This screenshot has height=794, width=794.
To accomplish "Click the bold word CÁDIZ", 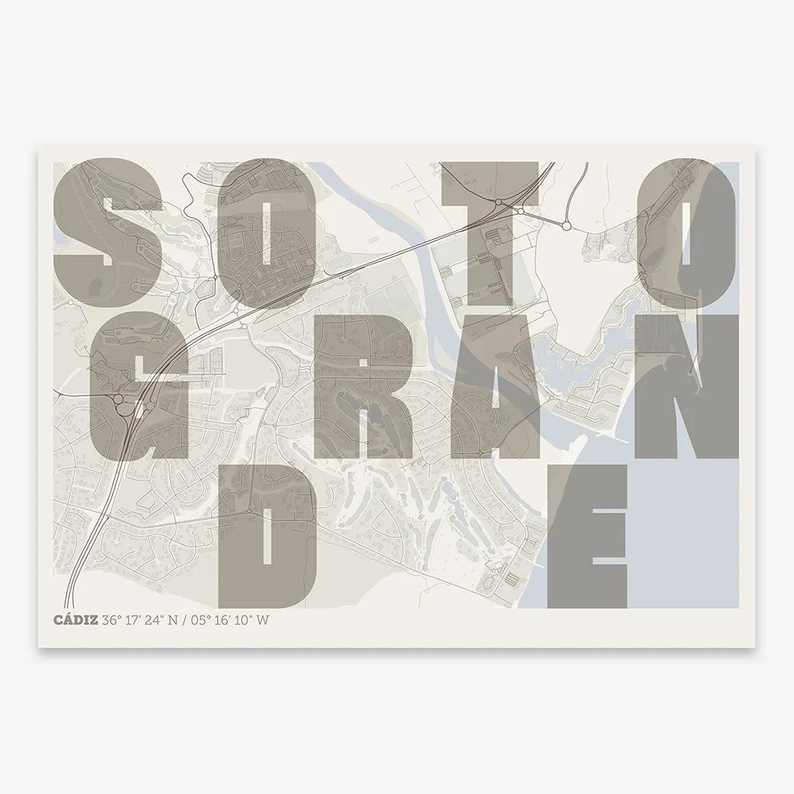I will pyautogui.click(x=74, y=621).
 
